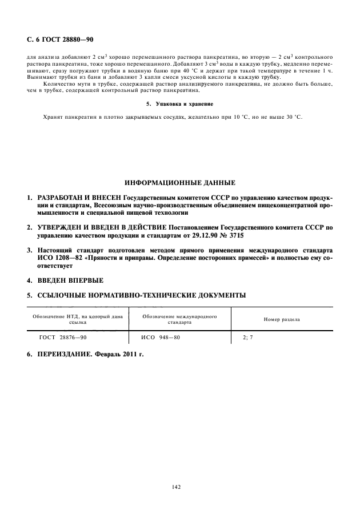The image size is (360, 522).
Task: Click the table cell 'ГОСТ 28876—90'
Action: click(x=63, y=338)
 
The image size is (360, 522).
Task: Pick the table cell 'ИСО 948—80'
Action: click(x=161, y=338)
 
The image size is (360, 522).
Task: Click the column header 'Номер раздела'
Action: click(x=281, y=319)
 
